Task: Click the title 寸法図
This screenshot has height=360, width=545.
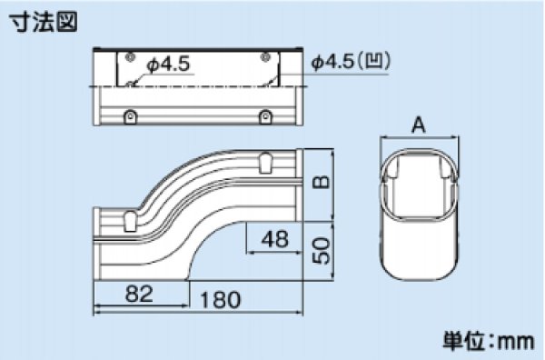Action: pyautogui.click(x=43, y=22)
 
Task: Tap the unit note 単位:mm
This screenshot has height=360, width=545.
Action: pyautogui.click(x=489, y=341)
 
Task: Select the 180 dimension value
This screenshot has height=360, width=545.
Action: pyautogui.click(x=221, y=300)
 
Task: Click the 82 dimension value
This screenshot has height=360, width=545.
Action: pyautogui.click(x=139, y=294)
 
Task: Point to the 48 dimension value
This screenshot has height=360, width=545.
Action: pyautogui.click(x=275, y=239)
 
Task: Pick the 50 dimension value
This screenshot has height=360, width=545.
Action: pyautogui.click(x=321, y=250)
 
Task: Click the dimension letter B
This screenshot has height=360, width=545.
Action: pyautogui.click(x=321, y=182)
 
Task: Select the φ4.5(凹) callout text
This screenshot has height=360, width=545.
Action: pyautogui.click(x=351, y=62)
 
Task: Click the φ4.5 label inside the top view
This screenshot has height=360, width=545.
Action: pyautogui.click(x=169, y=65)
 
